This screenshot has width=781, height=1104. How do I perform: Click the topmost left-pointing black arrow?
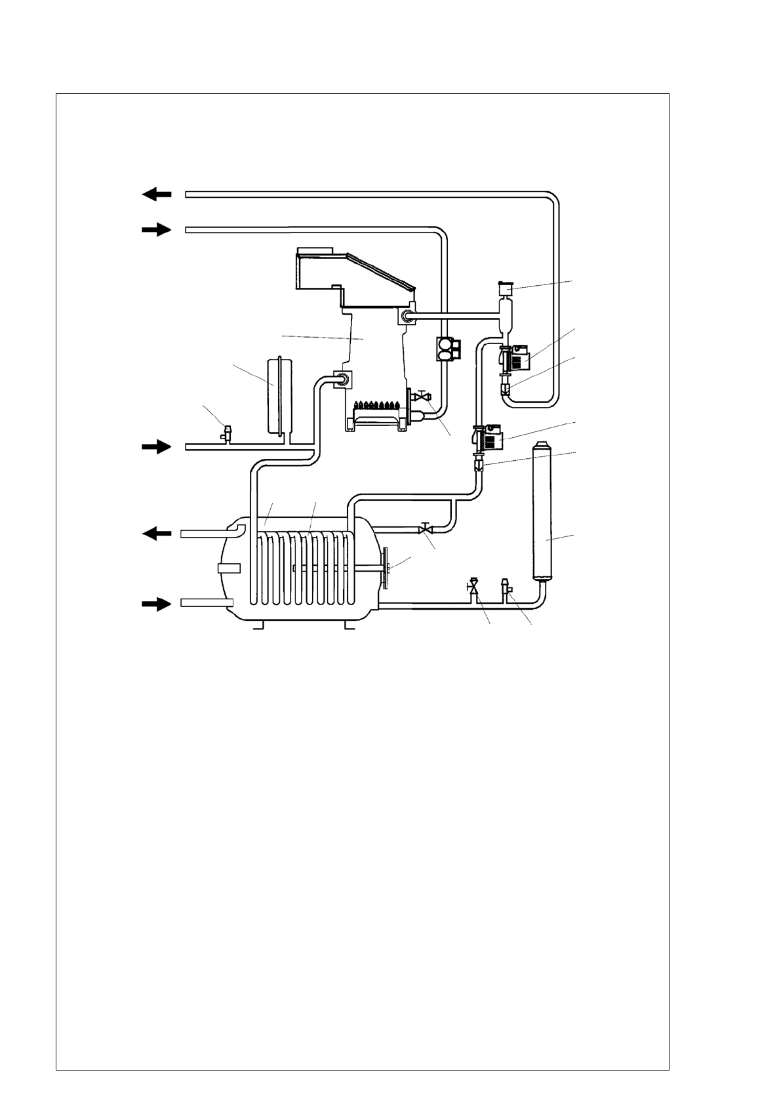pos(157,194)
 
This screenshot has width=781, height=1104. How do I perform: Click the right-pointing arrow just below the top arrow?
pos(157,229)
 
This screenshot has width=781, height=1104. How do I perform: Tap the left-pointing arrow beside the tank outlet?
pos(157,534)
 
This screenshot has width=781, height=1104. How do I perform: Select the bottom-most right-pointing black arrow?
pos(157,604)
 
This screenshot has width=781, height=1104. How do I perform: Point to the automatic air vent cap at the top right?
pos(505,288)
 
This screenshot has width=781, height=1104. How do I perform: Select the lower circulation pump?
pos(488,437)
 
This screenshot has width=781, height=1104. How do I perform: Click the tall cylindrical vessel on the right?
pos(541,511)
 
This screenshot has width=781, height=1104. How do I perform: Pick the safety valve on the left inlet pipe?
pos(227,433)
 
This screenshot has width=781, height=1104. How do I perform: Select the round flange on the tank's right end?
pos(388,568)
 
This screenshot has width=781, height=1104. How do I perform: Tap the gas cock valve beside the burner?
pos(422,397)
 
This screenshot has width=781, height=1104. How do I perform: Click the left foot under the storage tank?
pos(258,625)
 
